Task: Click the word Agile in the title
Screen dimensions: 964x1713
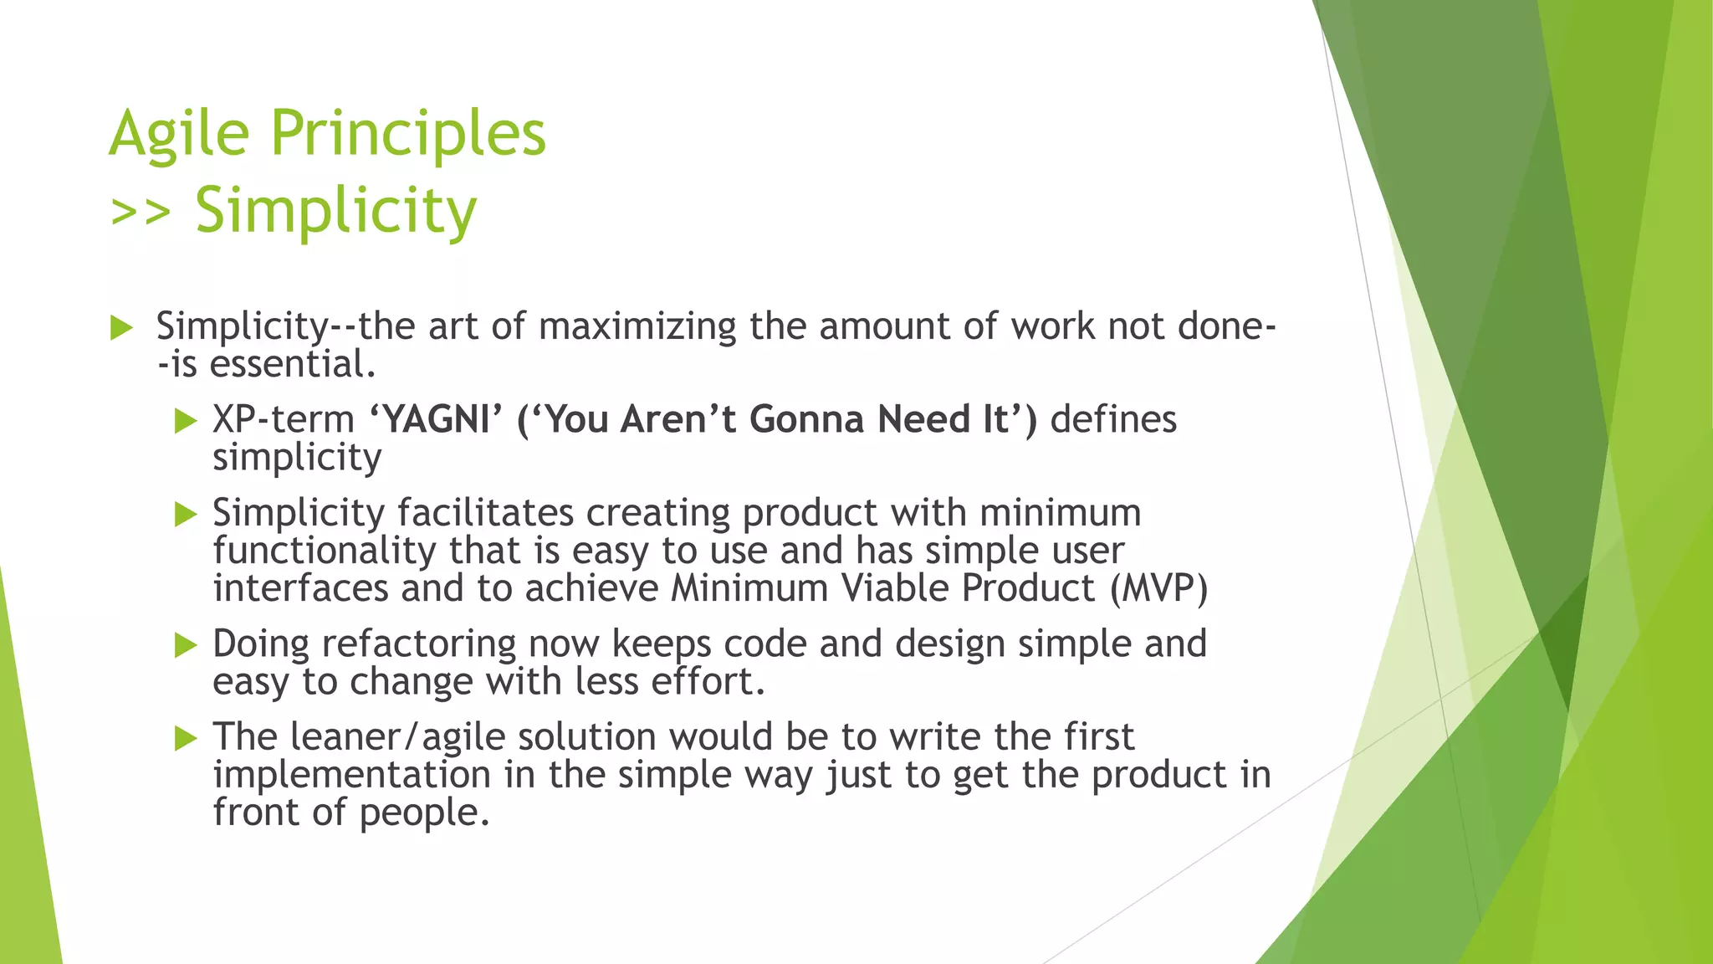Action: click(x=179, y=134)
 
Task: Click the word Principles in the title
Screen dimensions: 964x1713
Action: click(x=407, y=134)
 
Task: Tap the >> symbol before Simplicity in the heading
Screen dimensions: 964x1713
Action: click(x=141, y=211)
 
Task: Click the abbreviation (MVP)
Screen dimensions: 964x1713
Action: click(x=1158, y=588)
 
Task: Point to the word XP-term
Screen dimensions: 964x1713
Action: click(x=284, y=419)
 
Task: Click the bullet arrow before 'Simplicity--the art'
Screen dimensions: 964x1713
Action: click(x=121, y=328)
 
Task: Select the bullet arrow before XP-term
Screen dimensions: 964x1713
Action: click(x=185, y=421)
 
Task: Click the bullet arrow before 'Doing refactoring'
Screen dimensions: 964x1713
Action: click(x=185, y=645)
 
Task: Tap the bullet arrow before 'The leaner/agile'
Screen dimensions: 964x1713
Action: click(x=185, y=738)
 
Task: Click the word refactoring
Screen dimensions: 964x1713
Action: click(x=418, y=644)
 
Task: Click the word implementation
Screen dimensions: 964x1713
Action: click(x=351, y=775)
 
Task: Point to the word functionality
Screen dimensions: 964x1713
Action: click(x=324, y=551)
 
